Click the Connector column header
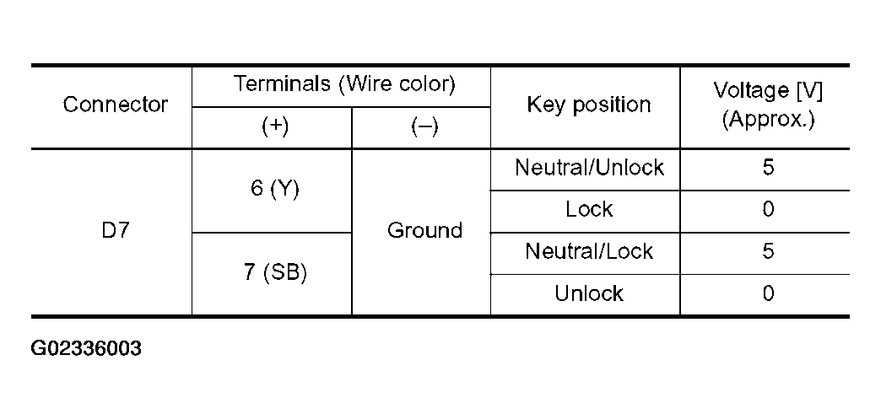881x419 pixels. pyautogui.click(x=115, y=105)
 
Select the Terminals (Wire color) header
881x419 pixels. pyautogui.click(x=343, y=83)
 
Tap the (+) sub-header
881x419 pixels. pyautogui.click(x=275, y=127)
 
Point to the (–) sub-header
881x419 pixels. pyautogui.click(x=424, y=127)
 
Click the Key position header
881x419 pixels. pyautogui.click(x=588, y=105)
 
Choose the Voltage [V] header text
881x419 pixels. pyautogui.click(x=768, y=91)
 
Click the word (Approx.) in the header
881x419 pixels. pyautogui.click(x=768, y=119)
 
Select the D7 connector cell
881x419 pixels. pyautogui.click(x=115, y=230)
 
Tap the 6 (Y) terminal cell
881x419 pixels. pyautogui.click(x=275, y=189)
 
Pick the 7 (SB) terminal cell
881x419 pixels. pyautogui.click(x=275, y=272)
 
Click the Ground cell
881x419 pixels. pyautogui.click(x=424, y=230)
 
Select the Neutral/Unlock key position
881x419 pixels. pyautogui.click(x=589, y=168)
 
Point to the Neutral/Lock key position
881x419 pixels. pyautogui.click(x=589, y=251)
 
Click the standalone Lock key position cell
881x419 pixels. pyautogui.click(x=589, y=209)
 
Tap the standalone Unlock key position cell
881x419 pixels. pyautogui.click(x=589, y=293)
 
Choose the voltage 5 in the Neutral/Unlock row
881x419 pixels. pyautogui.click(x=768, y=168)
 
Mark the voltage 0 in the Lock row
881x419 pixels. pyautogui.click(x=768, y=209)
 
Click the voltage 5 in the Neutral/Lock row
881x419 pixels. pyautogui.click(x=768, y=251)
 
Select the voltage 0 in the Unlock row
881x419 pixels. pyautogui.click(x=768, y=293)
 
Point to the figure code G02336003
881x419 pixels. pyautogui.click(x=86, y=349)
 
